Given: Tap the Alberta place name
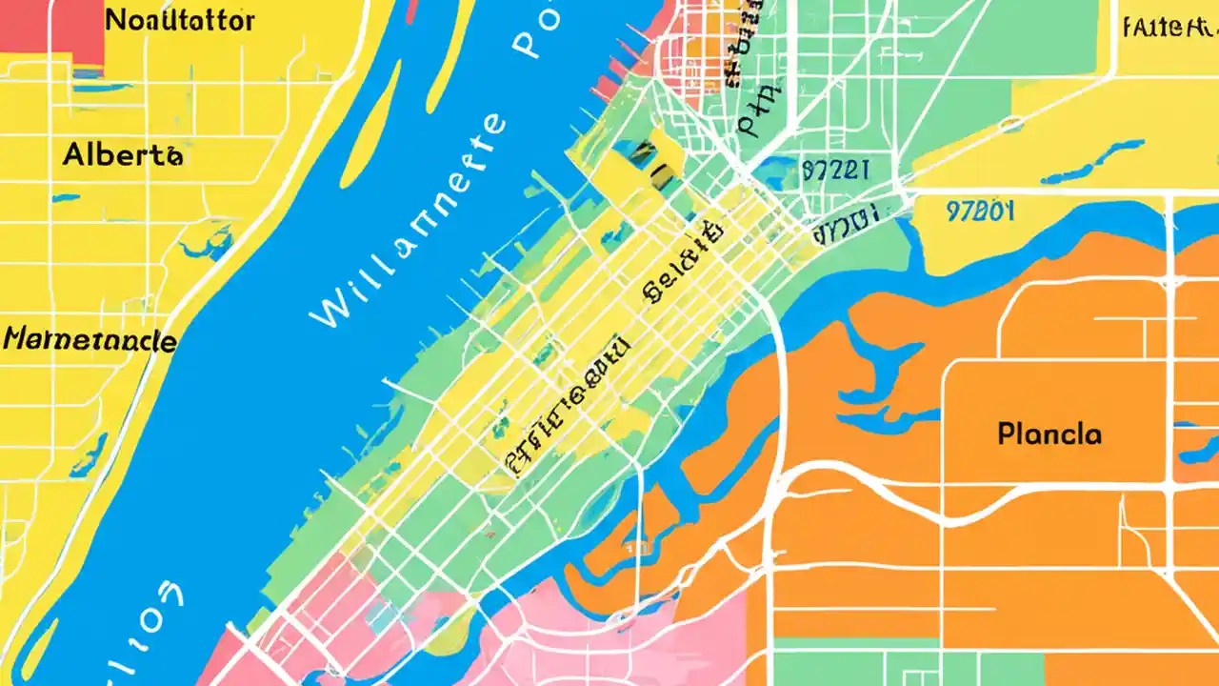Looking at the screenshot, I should (x=123, y=154).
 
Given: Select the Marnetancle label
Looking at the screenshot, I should (x=90, y=339).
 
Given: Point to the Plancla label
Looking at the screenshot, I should (x=1049, y=434).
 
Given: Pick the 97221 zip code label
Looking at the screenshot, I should (x=835, y=171).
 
